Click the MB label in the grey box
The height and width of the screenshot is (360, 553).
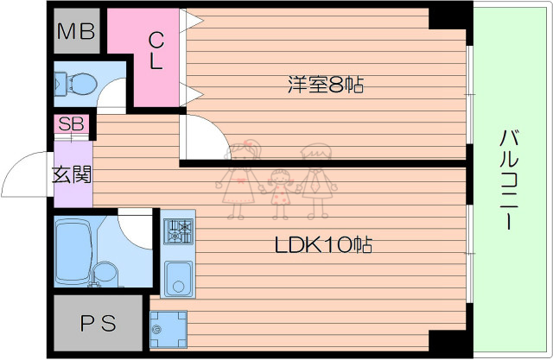tap(75, 33)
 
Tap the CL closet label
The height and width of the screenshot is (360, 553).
tap(156, 50)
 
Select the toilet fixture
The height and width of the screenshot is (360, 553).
tap(76, 85)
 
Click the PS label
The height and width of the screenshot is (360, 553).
tap(97, 325)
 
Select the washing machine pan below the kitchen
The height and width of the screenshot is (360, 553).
tap(168, 328)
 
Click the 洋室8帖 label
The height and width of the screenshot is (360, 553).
tap(325, 85)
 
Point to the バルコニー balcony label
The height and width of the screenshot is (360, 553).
tap(509, 180)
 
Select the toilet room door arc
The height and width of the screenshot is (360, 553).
tap(111, 98)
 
